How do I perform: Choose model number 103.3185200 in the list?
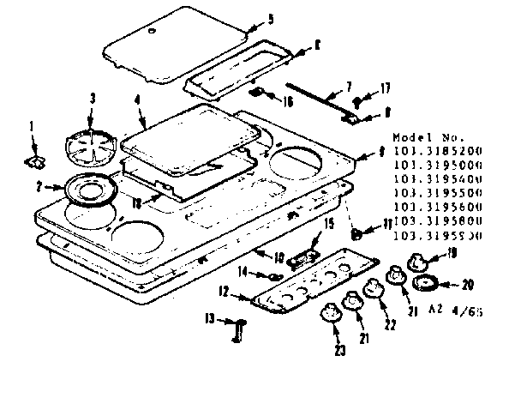[437, 150]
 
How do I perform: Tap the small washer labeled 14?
[271, 275]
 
